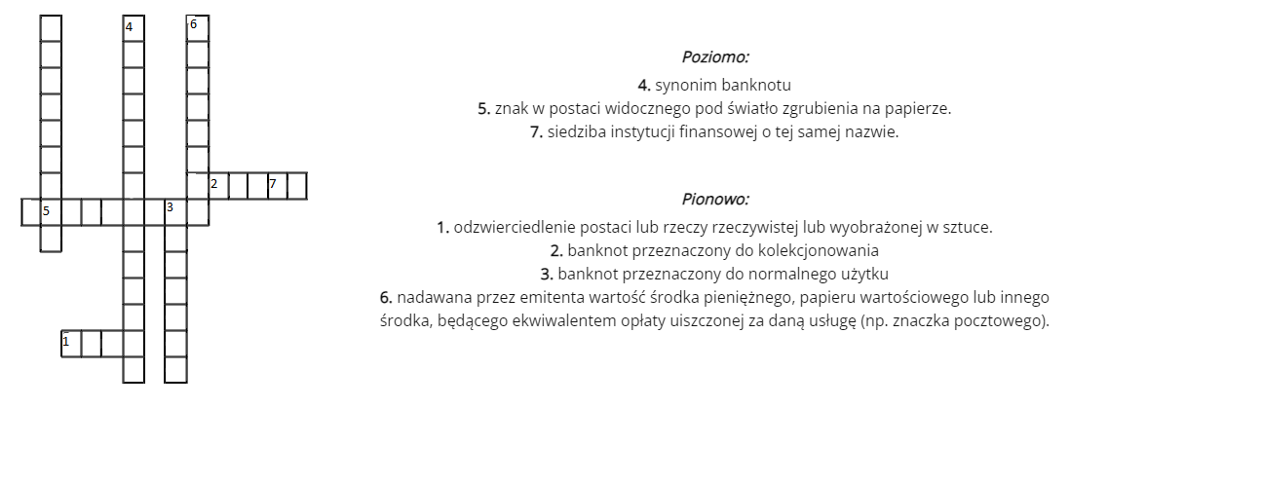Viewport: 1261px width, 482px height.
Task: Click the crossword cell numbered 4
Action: point(134,28)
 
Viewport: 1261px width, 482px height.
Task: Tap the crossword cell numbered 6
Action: point(198,28)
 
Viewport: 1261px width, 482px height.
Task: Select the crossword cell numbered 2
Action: point(217,185)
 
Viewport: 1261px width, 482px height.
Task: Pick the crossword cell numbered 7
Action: point(277,185)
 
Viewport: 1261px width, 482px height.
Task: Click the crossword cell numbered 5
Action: point(50,211)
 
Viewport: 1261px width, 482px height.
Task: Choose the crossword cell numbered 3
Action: point(174,211)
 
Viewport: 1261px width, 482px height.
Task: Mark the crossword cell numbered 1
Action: point(71,343)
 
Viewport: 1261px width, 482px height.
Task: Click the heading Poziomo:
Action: point(715,57)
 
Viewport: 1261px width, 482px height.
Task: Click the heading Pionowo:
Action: point(715,200)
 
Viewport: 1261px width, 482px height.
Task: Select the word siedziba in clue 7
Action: point(575,131)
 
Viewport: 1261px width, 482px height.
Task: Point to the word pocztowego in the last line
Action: point(1009,320)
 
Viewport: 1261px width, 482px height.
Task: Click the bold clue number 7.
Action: point(536,131)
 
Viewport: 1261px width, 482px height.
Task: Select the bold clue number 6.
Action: point(386,297)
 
